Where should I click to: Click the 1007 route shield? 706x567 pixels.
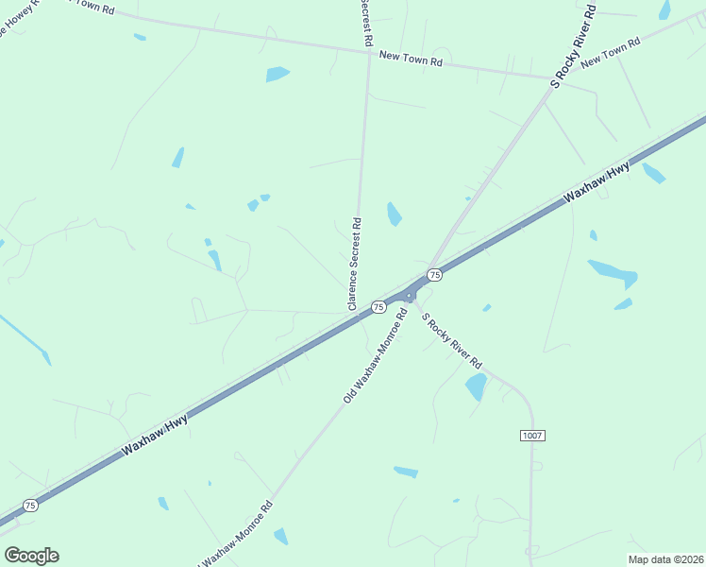coord(532,435)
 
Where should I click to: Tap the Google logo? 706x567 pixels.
coord(31,556)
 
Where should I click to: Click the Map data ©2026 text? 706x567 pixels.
coord(664,558)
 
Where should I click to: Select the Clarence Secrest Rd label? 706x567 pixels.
coord(354,265)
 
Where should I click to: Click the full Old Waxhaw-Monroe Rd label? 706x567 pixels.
coord(375,356)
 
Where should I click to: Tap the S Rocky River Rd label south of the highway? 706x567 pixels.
coord(451,340)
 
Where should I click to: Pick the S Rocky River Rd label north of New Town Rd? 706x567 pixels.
coord(575,45)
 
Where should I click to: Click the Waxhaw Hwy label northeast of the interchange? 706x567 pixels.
coord(597,183)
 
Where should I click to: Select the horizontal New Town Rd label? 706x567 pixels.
coord(411,59)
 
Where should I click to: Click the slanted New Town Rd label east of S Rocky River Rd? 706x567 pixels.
coord(611,52)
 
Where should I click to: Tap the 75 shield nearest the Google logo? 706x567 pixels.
coord(31,506)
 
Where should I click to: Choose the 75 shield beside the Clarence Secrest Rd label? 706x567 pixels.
coord(378,307)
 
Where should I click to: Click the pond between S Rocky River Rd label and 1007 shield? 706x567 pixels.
coord(477,386)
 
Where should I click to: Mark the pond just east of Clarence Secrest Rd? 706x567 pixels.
coord(394,215)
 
